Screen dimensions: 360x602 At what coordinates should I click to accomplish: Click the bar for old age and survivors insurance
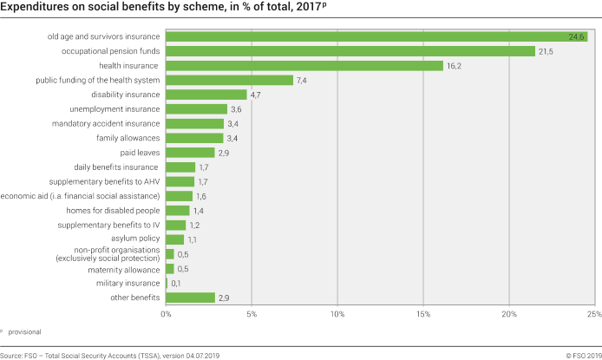(x=376, y=36)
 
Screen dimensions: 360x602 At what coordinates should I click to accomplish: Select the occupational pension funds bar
(x=350, y=51)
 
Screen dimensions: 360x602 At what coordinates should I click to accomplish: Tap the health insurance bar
(x=304, y=66)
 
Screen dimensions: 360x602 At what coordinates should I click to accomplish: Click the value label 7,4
(x=303, y=80)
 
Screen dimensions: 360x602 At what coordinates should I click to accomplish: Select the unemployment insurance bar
(x=196, y=109)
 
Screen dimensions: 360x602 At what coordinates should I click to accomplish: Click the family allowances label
(x=128, y=138)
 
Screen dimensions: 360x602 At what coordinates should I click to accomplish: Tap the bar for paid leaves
(x=190, y=153)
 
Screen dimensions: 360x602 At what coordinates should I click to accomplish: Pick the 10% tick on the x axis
(x=337, y=313)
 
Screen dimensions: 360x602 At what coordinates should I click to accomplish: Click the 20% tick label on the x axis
(x=509, y=313)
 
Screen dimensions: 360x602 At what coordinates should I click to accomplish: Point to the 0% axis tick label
(x=166, y=313)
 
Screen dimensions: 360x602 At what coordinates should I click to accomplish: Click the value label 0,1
(x=176, y=283)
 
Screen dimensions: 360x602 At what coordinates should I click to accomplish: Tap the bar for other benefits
(x=190, y=298)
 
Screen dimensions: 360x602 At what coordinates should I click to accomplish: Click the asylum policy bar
(x=175, y=239)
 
